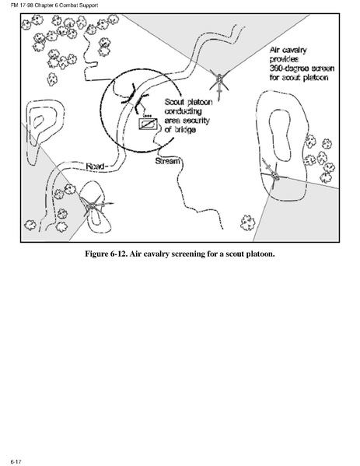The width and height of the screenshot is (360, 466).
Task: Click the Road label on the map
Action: coord(95,166)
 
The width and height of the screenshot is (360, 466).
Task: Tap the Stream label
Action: coord(167,161)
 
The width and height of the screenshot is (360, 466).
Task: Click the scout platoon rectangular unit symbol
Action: coord(148,124)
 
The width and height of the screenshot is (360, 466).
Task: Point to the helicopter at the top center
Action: coord(219,82)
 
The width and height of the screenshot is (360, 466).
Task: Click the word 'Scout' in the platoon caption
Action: coord(175,102)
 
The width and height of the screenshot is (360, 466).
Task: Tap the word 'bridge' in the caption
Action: coord(184,130)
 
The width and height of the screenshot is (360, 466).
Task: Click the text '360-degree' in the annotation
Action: coord(288,68)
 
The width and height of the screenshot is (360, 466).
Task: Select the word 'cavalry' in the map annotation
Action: coord(294,50)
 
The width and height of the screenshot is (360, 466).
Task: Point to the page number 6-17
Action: coord(16,461)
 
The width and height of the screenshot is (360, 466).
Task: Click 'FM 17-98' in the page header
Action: coord(20,5)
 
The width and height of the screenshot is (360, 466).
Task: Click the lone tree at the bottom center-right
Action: coord(247,223)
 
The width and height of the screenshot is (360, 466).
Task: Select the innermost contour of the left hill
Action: coord(39,121)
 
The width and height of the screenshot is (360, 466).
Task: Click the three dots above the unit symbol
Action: coord(148,115)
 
